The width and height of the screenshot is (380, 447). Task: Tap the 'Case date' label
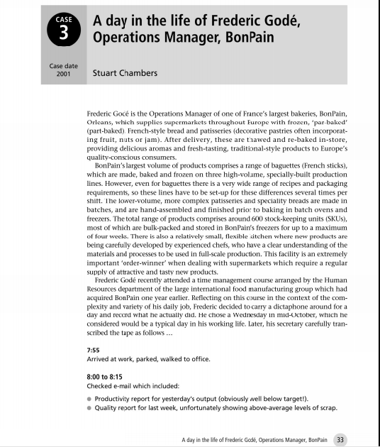[62, 65]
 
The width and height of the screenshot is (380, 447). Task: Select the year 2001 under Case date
[62, 73]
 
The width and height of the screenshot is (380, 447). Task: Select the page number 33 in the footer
[340, 438]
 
